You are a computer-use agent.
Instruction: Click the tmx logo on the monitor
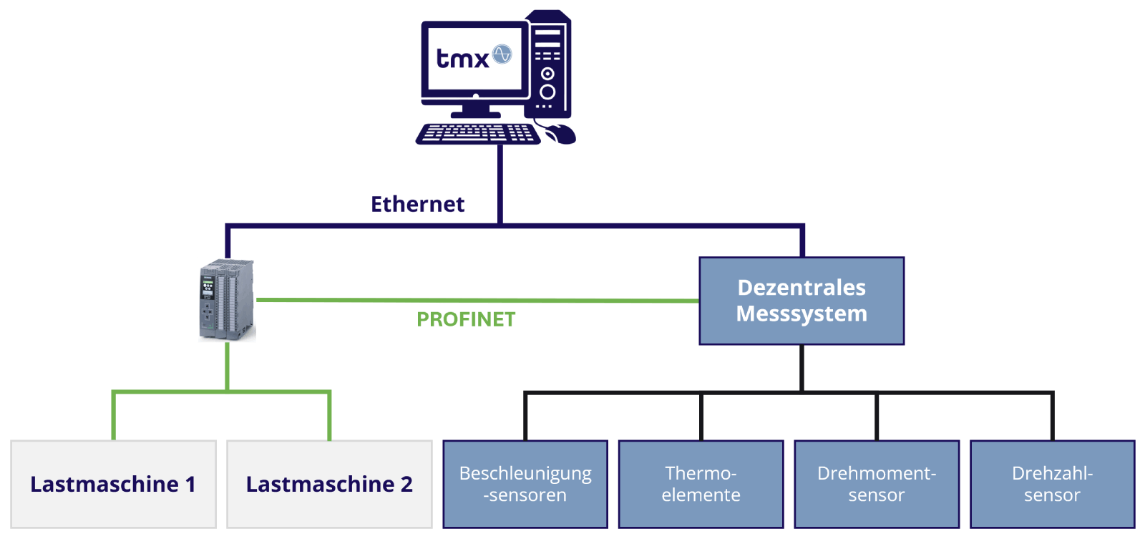464,57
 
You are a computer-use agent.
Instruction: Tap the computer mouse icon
561,133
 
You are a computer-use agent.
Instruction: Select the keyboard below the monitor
477,134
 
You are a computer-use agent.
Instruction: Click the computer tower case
548,64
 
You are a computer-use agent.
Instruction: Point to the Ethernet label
418,205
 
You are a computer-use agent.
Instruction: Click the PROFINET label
466,319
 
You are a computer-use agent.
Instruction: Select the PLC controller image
227,300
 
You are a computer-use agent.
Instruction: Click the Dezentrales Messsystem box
801,301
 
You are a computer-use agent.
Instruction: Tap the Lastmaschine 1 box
113,485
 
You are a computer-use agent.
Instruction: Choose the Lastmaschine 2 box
329,485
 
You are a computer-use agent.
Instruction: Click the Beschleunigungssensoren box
525,485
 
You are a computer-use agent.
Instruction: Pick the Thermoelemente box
701,485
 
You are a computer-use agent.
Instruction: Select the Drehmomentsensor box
877,485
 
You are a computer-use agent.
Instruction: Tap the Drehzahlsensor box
1052,485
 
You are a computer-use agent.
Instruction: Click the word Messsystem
801,314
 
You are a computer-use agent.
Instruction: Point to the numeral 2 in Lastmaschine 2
406,485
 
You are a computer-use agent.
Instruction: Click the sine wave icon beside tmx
502,54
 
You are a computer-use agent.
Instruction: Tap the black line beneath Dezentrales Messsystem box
801,369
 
